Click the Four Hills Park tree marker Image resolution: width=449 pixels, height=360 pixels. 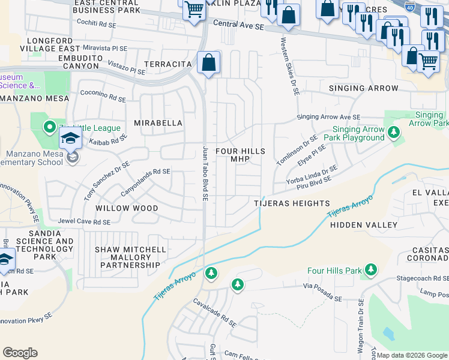pos(372,271)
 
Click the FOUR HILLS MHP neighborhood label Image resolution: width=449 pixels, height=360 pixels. pos(240,155)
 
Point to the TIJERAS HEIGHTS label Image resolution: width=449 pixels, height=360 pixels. pos(291,203)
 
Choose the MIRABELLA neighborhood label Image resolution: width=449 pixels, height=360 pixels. pos(158,123)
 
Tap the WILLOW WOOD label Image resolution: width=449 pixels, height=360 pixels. pos(127,208)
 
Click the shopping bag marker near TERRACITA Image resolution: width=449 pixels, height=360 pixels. pos(208,62)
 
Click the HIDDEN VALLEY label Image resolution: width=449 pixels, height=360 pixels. pos(364,225)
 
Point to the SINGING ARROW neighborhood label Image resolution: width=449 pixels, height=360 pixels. pos(363,88)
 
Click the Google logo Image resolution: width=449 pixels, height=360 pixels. pos(20,353)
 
